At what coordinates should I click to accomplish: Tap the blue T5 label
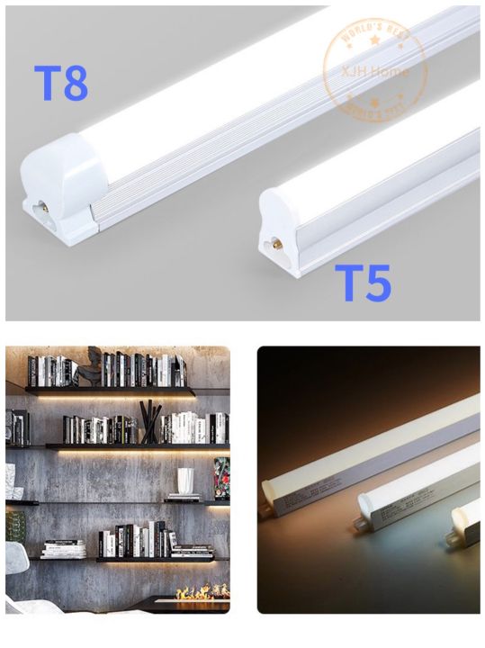364,283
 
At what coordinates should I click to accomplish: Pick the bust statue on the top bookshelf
91,369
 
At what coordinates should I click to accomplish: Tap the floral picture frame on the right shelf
221,478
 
